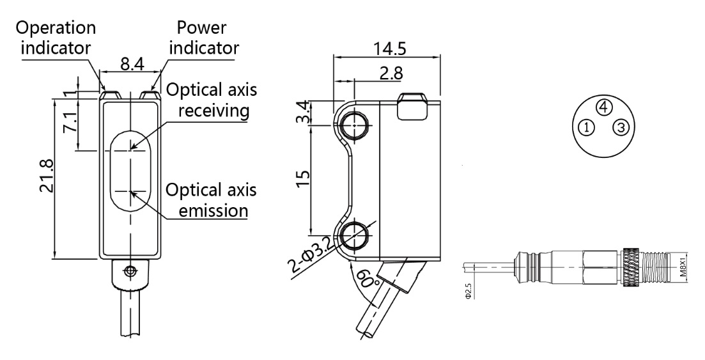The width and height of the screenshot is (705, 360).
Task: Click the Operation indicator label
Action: pyautogui.click(x=58, y=38)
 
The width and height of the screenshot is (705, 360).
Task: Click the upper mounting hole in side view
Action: pyautogui.click(x=352, y=127)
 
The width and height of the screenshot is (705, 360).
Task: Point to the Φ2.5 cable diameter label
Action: pyautogui.click(x=469, y=292)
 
